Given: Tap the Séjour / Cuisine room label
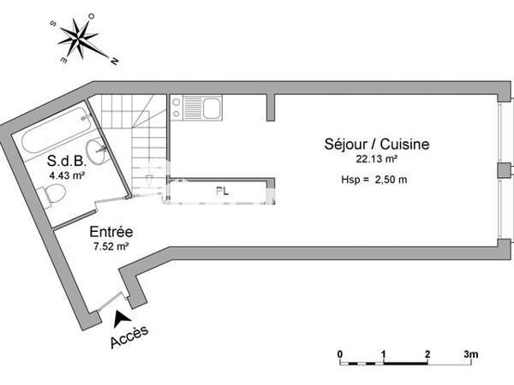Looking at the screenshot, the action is (x=376, y=145).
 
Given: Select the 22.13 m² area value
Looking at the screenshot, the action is (x=376, y=158).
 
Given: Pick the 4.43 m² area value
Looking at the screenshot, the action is (x=66, y=175).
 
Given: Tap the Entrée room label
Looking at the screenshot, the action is (x=111, y=232).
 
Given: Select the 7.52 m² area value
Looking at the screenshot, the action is (x=111, y=246).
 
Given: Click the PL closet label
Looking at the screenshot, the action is (x=221, y=192).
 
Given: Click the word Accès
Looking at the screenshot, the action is (x=130, y=337).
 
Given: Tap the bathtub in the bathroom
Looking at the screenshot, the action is (x=53, y=132).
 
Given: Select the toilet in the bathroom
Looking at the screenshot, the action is (x=53, y=197).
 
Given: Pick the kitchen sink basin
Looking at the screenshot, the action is (x=210, y=108).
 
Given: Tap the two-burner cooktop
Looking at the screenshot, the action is (x=177, y=107).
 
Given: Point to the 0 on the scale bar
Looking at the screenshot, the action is (x=340, y=353).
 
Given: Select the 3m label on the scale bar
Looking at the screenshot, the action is (x=470, y=353).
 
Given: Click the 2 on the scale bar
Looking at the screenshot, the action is (x=427, y=353).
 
